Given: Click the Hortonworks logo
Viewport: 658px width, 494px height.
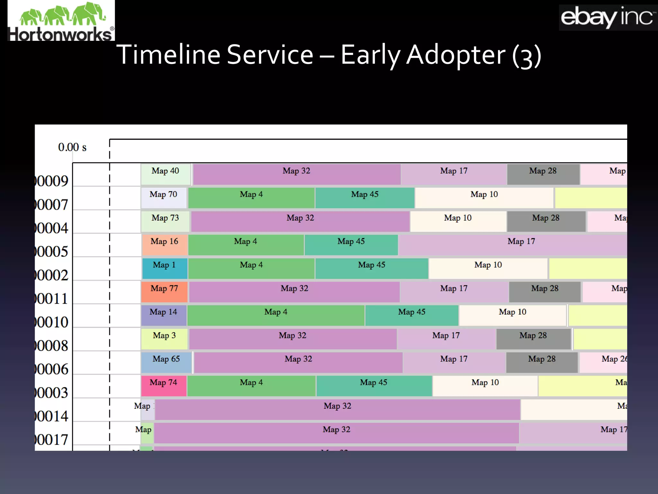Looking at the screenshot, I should [x=61, y=21].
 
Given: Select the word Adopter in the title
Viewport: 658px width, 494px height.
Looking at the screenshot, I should [x=456, y=55].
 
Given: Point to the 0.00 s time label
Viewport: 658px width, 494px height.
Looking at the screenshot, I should [x=72, y=147].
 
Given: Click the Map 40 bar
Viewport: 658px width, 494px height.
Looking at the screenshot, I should [x=166, y=174].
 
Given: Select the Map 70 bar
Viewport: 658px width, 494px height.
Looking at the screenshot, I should [x=164, y=198].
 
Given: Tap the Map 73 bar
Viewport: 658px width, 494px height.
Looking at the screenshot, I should [x=165, y=221].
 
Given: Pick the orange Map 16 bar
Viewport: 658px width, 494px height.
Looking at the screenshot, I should [x=164, y=245].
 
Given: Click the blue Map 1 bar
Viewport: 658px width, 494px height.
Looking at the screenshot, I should [x=164, y=268].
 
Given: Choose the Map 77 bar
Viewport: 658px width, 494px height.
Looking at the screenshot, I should [x=164, y=292].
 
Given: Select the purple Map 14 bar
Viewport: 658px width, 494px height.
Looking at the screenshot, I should [x=164, y=315].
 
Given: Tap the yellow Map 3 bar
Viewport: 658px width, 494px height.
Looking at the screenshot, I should [x=164, y=339].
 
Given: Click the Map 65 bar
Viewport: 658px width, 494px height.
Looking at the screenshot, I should [x=166, y=362].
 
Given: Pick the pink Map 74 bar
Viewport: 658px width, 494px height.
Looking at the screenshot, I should [x=164, y=386].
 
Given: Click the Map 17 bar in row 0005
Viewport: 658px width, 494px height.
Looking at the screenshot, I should [x=512, y=245].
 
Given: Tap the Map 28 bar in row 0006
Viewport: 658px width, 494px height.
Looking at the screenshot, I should [x=542, y=362].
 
